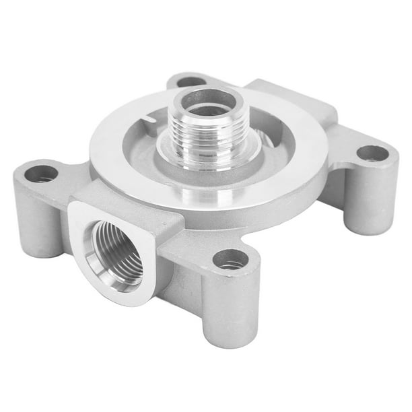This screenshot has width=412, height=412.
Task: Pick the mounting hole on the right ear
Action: (372, 153)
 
